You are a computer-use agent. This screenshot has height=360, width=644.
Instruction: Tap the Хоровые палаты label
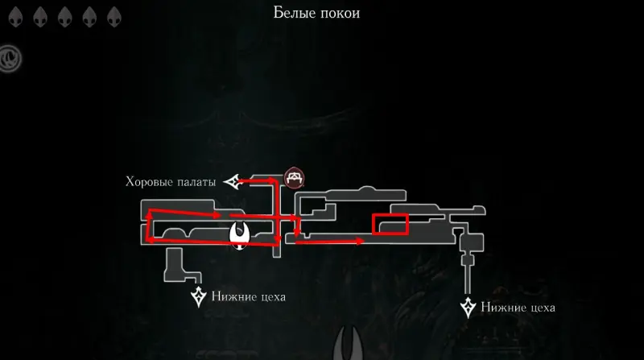(x=171, y=182)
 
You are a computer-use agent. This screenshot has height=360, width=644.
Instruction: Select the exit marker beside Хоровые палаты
(x=232, y=181)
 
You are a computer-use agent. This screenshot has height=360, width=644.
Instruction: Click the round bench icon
(x=294, y=178)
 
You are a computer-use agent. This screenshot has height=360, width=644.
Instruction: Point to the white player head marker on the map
(x=239, y=235)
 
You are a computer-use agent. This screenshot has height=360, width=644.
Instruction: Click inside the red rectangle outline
(x=390, y=225)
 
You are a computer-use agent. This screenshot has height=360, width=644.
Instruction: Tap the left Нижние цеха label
(x=249, y=296)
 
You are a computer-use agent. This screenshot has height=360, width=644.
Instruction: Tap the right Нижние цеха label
(x=518, y=308)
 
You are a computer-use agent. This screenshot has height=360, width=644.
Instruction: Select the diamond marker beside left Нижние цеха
(x=199, y=296)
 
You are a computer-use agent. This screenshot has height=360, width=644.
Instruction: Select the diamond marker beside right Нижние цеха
(x=468, y=308)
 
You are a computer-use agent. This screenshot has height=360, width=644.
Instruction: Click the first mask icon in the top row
(x=15, y=18)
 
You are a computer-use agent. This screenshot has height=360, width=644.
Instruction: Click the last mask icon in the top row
(x=114, y=18)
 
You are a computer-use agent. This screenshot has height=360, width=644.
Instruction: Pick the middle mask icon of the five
(x=65, y=18)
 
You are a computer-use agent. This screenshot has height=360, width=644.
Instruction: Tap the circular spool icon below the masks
(x=10, y=59)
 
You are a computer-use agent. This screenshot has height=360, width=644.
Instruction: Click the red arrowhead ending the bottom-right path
(x=360, y=242)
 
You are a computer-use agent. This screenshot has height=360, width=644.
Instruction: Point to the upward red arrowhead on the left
(x=150, y=213)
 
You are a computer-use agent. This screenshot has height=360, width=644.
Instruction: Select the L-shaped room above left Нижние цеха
(x=183, y=266)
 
